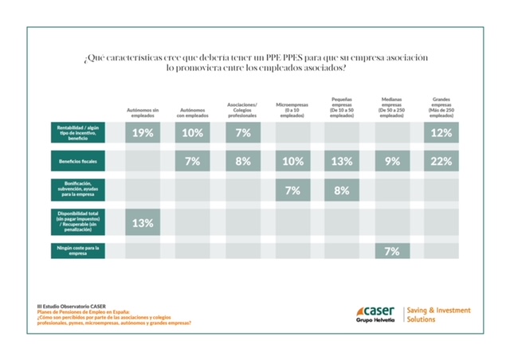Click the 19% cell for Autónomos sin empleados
click(x=143, y=133)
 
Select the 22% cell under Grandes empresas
click(x=441, y=162)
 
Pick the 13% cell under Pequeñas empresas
click(x=342, y=162)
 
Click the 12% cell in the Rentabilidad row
click(x=441, y=133)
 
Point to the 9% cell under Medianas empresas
click(x=392, y=162)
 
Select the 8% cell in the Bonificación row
click(x=342, y=191)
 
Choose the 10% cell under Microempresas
click(x=292, y=162)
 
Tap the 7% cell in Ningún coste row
click(x=392, y=251)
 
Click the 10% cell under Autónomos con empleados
click(x=193, y=133)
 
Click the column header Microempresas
click(x=292, y=111)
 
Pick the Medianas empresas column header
click(x=392, y=108)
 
